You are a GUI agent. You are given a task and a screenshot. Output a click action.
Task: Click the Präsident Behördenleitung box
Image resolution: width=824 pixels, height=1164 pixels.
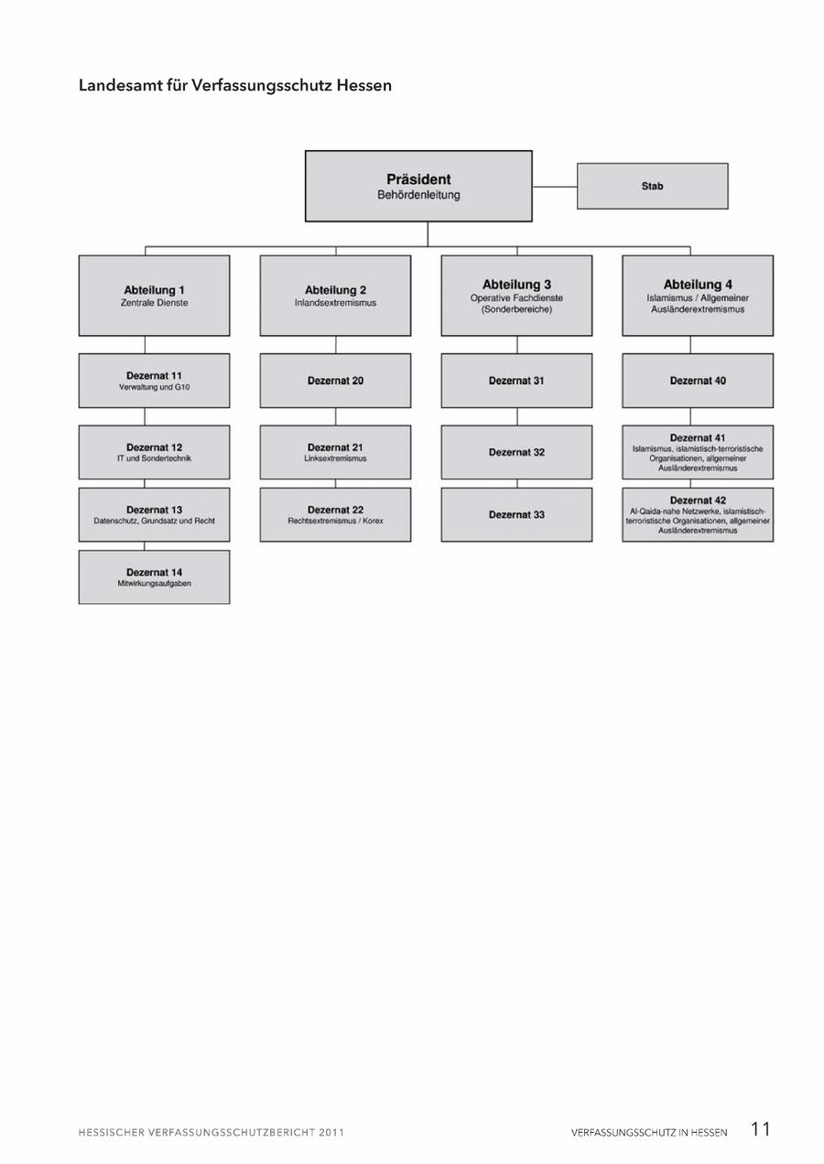tap(418, 186)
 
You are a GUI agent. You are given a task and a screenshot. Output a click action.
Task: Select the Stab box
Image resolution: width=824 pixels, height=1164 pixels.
tap(653, 186)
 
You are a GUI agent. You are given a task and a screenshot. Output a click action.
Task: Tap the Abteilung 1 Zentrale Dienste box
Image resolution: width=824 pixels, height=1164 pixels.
tap(155, 296)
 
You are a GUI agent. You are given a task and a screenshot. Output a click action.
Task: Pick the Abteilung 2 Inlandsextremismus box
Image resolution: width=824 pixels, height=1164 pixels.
tap(335, 296)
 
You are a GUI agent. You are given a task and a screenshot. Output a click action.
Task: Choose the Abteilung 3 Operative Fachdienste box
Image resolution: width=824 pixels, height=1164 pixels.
tap(516, 296)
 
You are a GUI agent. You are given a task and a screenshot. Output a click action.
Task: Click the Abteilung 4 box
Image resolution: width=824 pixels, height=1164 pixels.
tap(698, 296)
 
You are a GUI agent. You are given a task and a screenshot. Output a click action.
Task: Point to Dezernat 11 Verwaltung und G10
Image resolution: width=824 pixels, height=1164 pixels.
tap(155, 381)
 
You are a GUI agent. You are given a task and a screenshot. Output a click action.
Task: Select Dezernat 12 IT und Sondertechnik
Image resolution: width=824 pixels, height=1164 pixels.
tap(155, 452)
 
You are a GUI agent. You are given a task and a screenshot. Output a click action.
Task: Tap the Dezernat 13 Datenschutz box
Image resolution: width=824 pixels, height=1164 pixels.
tap(155, 514)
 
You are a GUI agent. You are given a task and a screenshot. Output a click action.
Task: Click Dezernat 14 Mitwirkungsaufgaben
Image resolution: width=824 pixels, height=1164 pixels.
tap(155, 577)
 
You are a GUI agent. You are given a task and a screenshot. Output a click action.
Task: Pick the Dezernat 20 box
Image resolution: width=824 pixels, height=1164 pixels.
tap(335, 381)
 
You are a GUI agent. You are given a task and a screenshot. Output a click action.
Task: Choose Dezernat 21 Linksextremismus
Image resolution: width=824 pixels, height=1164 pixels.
tap(335, 452)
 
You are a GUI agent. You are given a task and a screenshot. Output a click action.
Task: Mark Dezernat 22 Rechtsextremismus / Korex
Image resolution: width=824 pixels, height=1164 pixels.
tap(335, 514)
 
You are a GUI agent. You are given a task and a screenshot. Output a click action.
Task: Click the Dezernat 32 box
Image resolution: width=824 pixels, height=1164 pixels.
tap(516, 452)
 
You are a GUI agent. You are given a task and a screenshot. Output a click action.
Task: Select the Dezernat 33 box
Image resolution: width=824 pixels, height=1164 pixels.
tap(516, 514)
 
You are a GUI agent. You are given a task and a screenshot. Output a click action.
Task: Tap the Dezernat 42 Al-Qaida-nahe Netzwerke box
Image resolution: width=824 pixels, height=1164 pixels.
tap(698, 514)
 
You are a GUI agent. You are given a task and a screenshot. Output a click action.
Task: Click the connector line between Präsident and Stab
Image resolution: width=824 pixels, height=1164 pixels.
tap(555, 186)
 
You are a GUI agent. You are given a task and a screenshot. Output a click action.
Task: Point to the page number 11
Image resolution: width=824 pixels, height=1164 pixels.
tap(760, 1128)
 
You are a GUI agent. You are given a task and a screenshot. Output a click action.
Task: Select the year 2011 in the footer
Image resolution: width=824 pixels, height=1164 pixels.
tap(332, 1132)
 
